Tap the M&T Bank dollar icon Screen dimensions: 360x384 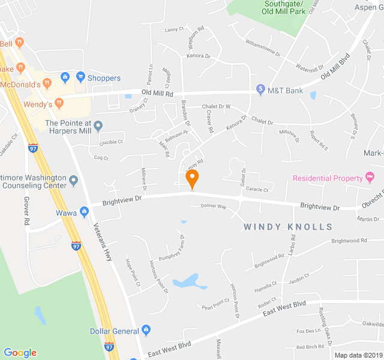(260, 90)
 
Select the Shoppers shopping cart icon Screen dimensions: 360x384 (80, 77)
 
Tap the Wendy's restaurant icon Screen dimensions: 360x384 (59, 103)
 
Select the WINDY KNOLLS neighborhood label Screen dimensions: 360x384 (288, 227)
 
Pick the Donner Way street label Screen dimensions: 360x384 (213, 206)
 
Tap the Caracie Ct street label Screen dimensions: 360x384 (257, 190)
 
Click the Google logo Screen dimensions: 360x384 (20, 353)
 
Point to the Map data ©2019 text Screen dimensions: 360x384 (358, 355)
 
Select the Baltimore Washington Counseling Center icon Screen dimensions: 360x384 (73, 180)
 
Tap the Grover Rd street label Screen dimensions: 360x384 (27, 211)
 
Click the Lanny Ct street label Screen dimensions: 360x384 (173, 29)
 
